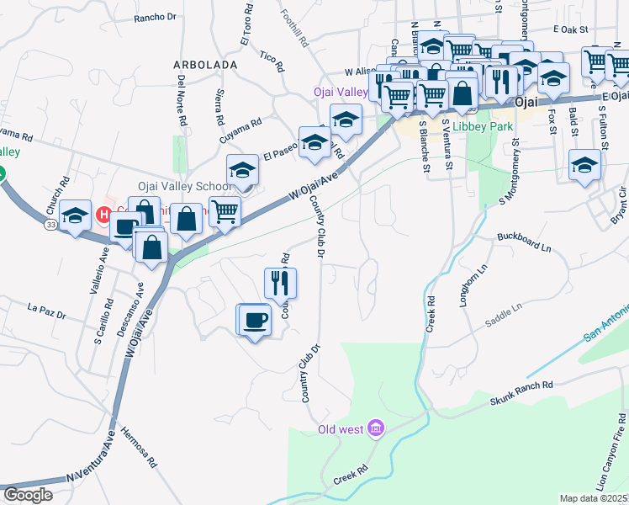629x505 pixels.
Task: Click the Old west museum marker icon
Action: tap(375, 430)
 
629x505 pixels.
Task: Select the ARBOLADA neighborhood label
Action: tap(205, 64)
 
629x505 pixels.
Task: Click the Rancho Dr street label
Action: tap(156, 16)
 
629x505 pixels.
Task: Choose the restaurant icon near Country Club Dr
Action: tap(281, 280)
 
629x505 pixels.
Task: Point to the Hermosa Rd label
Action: tap(140, 446)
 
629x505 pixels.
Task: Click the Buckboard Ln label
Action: tap(522, 242)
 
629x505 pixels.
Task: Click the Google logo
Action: tap(28, 495)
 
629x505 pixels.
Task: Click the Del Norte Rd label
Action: tap(182, 100)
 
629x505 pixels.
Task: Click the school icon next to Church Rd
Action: tap(75, 216)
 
